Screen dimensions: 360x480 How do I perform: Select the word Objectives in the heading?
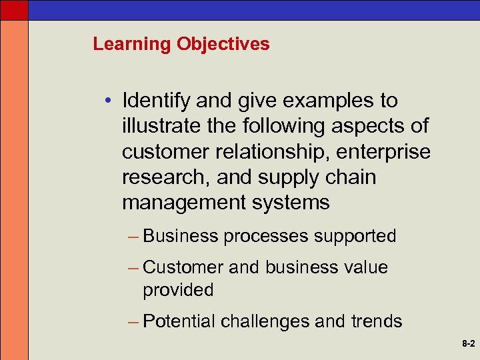pos(223,45)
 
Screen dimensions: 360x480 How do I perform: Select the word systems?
pos(293,202)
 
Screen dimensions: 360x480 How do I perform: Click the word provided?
pos(178,290)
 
